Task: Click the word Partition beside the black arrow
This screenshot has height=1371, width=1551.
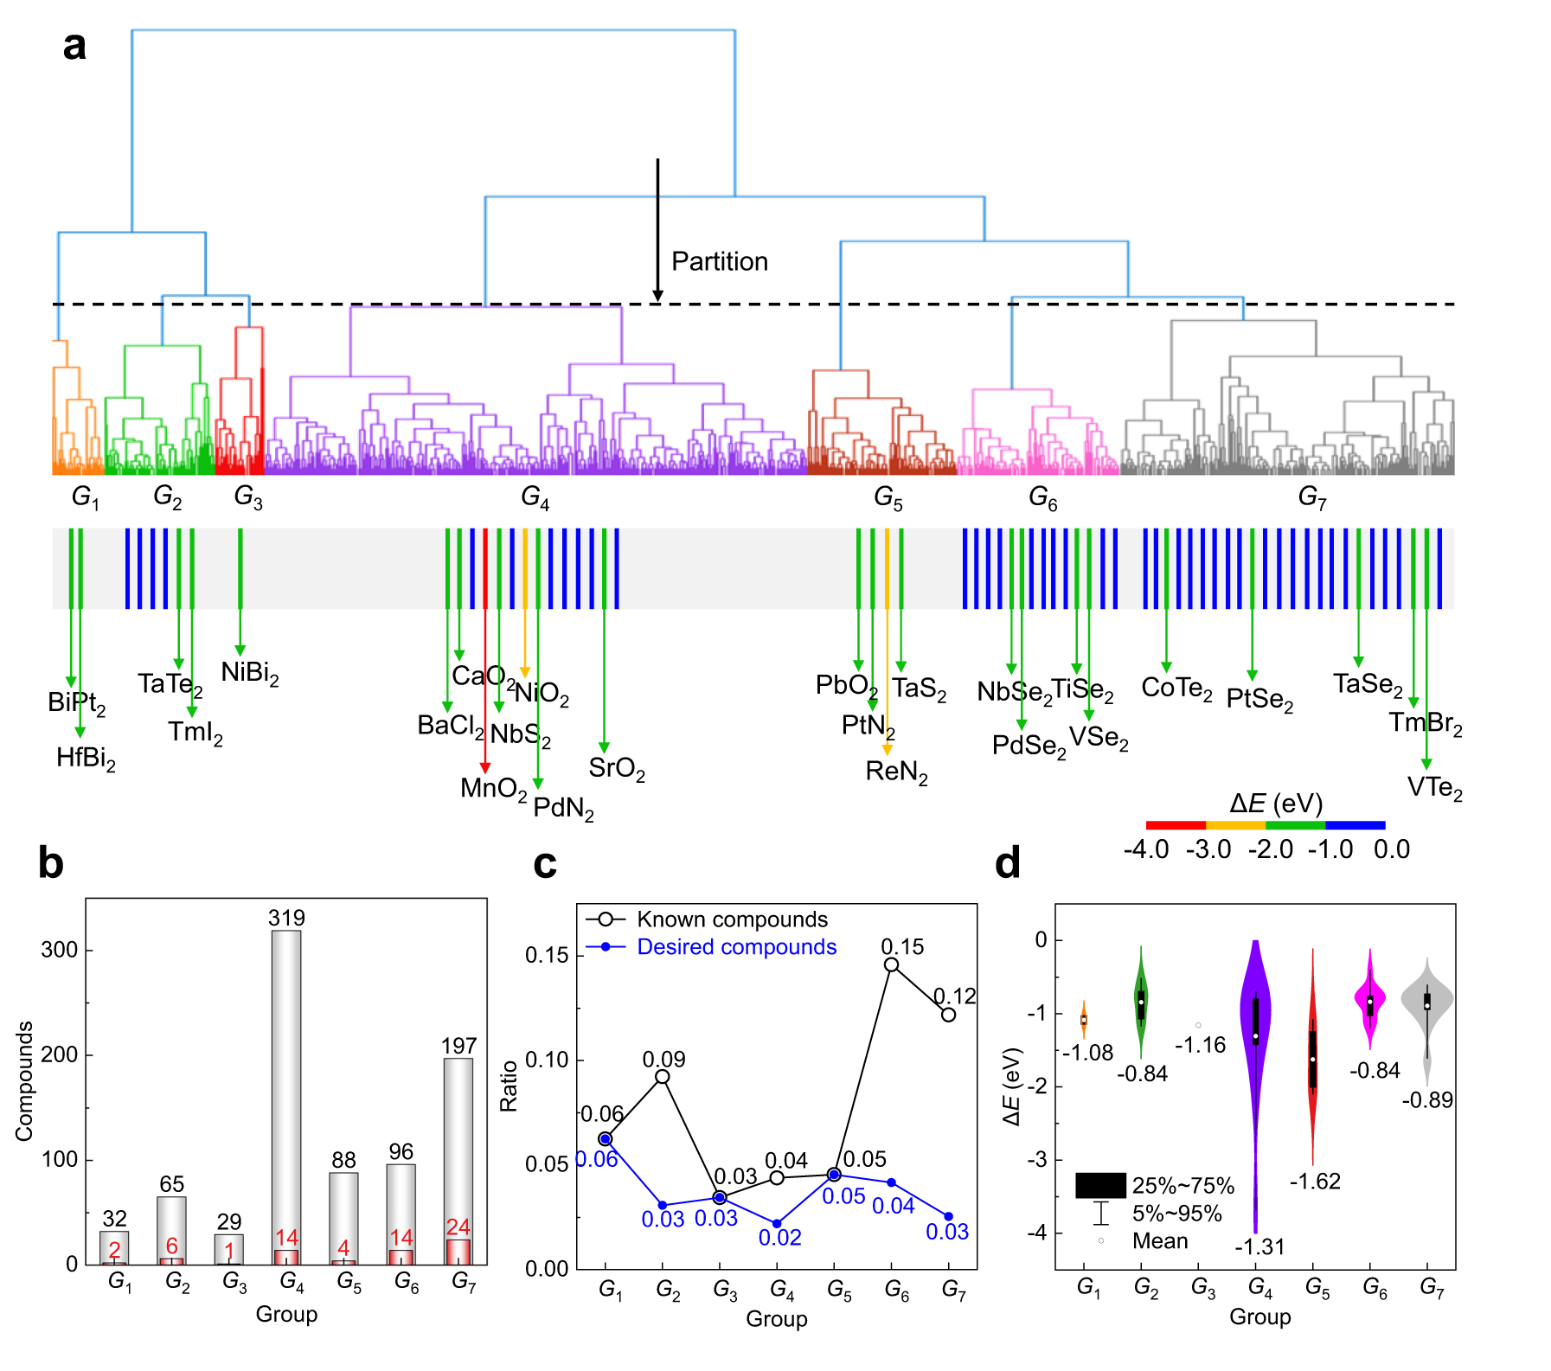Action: coord(720,261)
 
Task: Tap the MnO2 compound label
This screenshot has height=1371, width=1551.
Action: coord(493,788)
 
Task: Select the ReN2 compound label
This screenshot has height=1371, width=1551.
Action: coord(896,772)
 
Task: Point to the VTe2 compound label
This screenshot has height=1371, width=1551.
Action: coord(1434,787)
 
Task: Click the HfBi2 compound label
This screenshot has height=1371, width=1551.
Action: coord(86,759)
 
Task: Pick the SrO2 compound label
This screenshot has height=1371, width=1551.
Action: coord(616,768)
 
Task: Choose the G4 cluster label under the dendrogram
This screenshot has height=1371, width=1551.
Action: coord(535,497)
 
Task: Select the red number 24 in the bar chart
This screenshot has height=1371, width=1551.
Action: coord(458,1227)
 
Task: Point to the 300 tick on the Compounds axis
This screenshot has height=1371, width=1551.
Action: coord(60,950)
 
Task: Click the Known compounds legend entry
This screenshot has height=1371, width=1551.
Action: coord(732,919)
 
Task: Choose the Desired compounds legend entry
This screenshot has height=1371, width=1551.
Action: coord(736,946)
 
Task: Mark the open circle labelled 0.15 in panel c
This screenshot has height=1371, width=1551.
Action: coord(891,964)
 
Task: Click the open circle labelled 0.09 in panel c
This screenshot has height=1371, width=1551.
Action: coord(663,1077)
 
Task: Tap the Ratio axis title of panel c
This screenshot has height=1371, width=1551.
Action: coord(509,1086)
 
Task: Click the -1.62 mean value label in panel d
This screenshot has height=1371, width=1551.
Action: coord(1315,1182)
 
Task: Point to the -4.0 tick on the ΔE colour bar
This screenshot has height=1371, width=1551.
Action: coord(1146,849)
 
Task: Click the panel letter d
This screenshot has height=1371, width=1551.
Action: coord(1008,863)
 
